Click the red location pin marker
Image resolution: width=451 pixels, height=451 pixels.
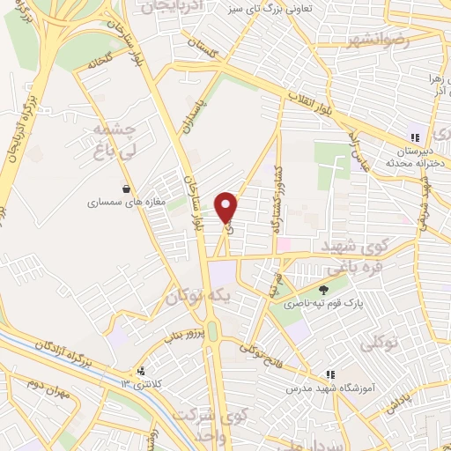[227, 208]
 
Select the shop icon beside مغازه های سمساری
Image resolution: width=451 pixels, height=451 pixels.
[128, 189]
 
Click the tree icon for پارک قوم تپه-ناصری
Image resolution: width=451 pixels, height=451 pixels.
[324, 288]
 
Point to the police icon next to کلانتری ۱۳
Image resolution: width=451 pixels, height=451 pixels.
[141, 372]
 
